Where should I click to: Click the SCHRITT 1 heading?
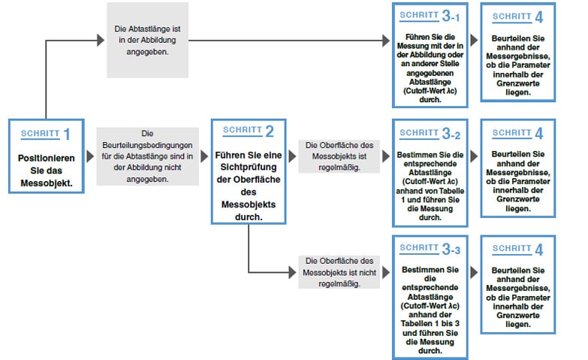click(x=45, y=134)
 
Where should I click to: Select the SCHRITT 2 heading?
click(x=249, y=131)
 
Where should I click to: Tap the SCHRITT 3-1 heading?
click(x=430, y=15)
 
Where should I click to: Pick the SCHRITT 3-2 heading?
click(x=430, y=133)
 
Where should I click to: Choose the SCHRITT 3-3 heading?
click(x=430, y=248)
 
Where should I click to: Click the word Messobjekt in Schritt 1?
click(x=46, y=183)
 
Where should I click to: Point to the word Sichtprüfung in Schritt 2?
click(x=249, y=167)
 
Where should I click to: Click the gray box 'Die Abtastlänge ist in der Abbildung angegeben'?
click(x=147, y=40)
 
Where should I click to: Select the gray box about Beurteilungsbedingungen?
click(x=147, y=156)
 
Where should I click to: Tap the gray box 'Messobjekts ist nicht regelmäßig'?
click(x=339, y=272)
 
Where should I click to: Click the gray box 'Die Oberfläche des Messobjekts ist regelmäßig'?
click(x=339, y=156)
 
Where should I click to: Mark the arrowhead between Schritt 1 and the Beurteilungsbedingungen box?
click(x=90, y=156)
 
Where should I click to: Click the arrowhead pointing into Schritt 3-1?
click(x=386, y=41)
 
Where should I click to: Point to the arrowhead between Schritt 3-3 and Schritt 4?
click(x=474, y=273)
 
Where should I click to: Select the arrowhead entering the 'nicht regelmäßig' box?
click(x=293, y=272)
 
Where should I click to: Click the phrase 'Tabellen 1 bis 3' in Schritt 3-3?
click(x=430, y=324)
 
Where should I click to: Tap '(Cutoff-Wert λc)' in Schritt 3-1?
click(x=430, y=91)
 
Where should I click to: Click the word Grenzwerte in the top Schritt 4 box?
click(x=518, y=83)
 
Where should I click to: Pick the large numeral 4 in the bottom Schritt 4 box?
click(x=539, y=250)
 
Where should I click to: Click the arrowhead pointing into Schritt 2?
click(x=204, y=156)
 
